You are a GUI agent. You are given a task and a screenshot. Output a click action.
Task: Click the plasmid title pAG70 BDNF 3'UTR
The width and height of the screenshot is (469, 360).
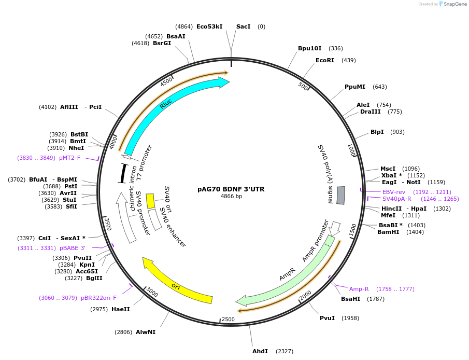(231, 189)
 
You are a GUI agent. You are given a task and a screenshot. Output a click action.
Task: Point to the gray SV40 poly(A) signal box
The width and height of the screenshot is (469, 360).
(340, 195)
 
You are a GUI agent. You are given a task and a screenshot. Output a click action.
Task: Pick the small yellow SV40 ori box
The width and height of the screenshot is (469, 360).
(150, 201)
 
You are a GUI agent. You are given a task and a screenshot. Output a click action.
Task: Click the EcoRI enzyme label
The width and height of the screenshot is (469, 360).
(325, 60)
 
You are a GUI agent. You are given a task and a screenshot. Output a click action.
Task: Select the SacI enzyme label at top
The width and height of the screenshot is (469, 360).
(243, 26)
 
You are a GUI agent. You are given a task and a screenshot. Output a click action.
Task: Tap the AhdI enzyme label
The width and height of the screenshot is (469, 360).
(260, 351)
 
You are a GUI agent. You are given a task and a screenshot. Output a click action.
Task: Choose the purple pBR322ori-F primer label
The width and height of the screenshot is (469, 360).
(98, 298)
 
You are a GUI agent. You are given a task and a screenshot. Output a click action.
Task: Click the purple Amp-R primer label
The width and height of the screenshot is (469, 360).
(359, 289)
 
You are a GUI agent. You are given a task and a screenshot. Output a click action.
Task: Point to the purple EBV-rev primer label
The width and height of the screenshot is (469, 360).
(394, 192)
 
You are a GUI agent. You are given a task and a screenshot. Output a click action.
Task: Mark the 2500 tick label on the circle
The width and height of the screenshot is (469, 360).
(228, 320)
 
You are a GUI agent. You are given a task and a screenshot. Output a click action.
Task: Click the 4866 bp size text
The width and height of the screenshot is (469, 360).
(231, 197)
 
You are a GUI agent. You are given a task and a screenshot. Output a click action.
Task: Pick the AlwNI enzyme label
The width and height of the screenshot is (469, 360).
(145, 332)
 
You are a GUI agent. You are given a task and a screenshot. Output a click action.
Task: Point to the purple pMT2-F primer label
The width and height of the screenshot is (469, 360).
(69, 158)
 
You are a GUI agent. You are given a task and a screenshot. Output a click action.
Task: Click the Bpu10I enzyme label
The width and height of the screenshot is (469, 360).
(309, 48)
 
